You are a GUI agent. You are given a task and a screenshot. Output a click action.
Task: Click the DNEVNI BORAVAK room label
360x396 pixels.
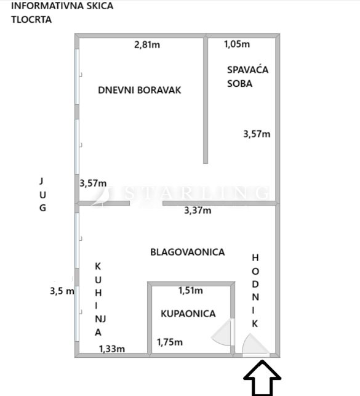coord(140,90)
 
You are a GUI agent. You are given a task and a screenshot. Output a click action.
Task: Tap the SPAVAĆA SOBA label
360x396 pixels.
coord(247,76)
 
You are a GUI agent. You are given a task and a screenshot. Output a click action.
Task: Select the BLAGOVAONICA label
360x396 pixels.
coord(188,252)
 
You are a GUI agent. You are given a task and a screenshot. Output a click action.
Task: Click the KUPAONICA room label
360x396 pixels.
coord(188,313)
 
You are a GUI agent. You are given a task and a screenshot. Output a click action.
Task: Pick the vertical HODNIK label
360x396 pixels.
coord(255,291)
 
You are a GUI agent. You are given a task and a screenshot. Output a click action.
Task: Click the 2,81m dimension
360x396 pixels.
coord(147,45)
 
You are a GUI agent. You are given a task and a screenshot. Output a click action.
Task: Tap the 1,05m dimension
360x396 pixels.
coord(237,44)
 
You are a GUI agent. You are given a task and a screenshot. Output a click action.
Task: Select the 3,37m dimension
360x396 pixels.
coord(198,210)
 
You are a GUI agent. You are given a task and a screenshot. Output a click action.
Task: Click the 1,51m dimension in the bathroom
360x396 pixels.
coord(191,291)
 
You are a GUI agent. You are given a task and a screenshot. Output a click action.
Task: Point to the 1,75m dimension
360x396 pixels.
coord(169,342)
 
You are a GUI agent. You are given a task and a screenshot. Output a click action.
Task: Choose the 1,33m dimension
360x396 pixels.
coord(112,349)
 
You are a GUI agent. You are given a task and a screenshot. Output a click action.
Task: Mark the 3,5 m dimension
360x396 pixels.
coord(62,291)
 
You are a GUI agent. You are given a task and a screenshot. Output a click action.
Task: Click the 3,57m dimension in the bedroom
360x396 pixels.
coord(257,134)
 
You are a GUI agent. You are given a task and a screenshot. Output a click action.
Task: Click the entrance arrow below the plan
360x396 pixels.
coord(262,378)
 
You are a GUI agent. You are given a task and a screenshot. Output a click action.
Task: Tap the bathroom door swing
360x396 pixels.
coord(222,331)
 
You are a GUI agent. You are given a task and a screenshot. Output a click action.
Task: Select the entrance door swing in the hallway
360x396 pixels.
coord(255,344)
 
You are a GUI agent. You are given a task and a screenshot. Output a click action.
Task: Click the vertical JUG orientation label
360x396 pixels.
coord(42,195)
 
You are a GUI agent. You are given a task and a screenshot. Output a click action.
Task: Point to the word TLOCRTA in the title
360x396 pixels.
coord(31,20)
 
